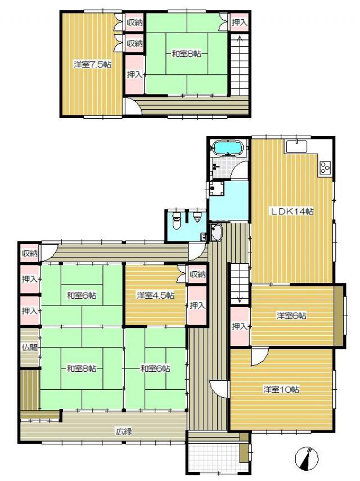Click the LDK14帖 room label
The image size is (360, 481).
tap(291, 212)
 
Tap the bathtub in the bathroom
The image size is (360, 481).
tap(228, 148)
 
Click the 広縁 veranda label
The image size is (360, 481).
tap(124, 431)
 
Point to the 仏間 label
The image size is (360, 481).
tap(30, 347)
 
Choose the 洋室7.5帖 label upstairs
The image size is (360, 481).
tap(92, 65)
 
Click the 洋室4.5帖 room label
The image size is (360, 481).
tap(156, 295)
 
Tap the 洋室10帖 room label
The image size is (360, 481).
tap(281, 390)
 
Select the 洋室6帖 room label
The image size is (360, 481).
tap(291, 316)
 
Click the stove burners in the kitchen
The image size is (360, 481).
tap(325, 168)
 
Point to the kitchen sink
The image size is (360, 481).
tap(296, 146)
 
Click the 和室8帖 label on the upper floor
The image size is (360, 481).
tap(186, 54)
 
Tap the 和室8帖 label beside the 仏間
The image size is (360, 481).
tap(82, 368)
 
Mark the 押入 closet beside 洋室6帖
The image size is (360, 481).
tap(240, 327)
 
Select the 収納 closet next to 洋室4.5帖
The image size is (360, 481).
tap(197, 274)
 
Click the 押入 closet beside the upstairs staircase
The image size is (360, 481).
tap(239, 22)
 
